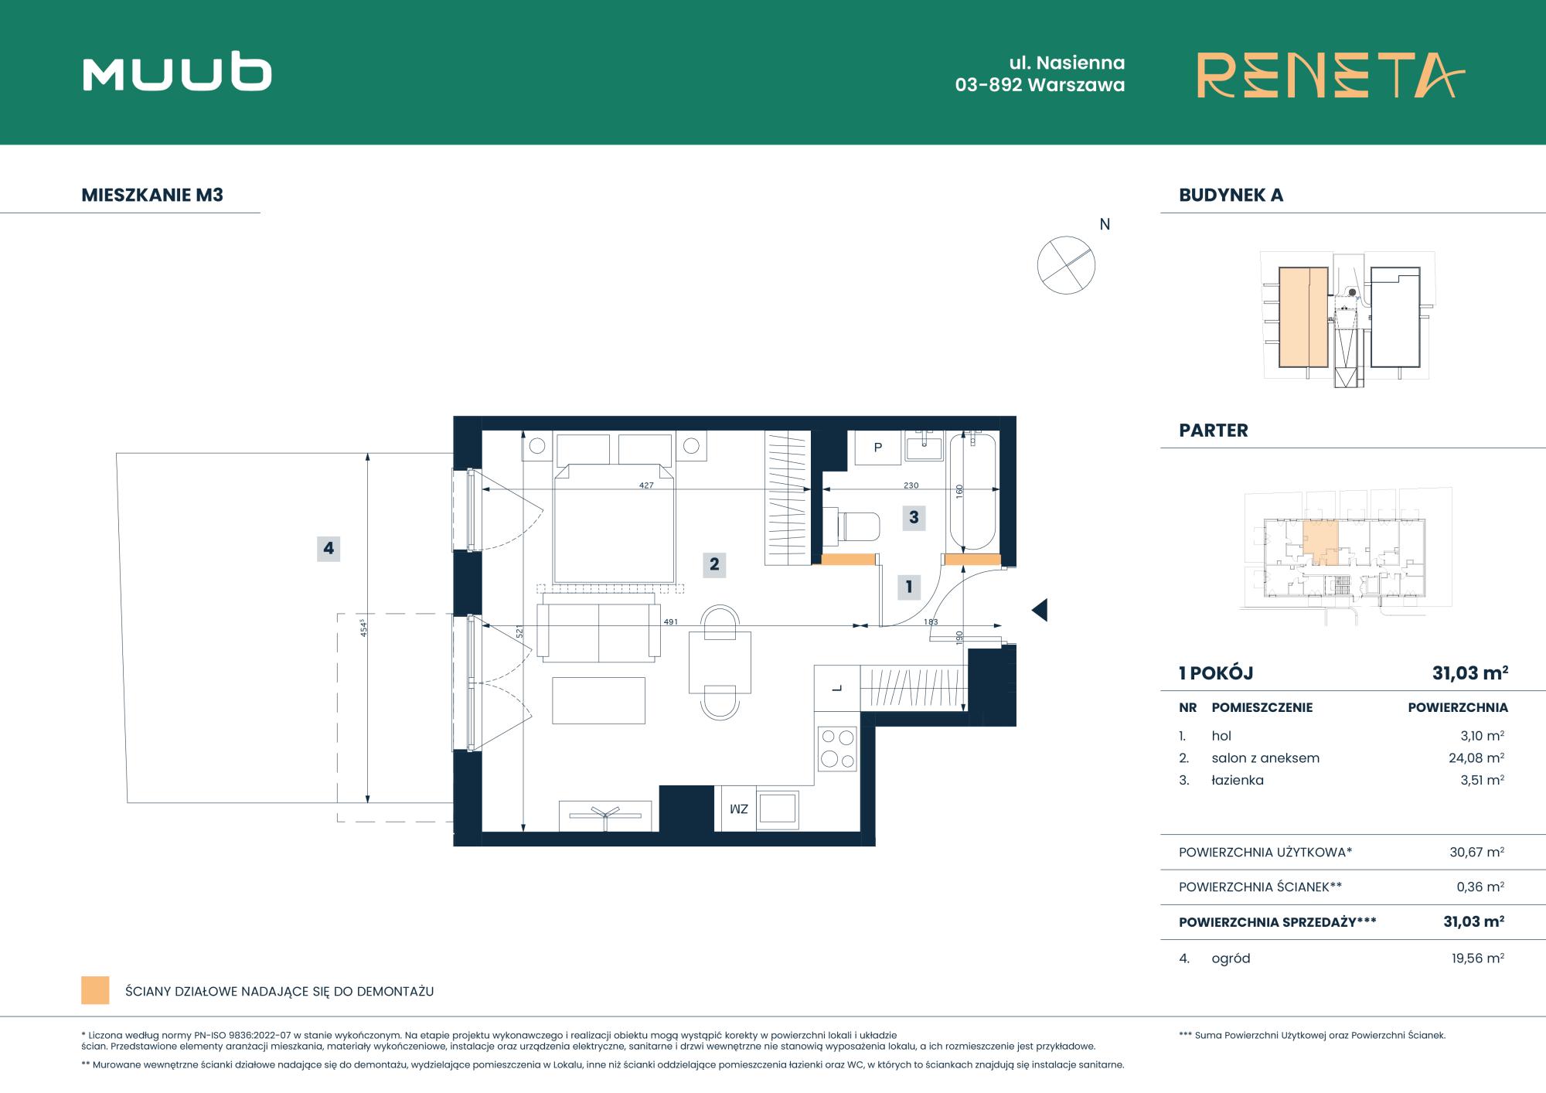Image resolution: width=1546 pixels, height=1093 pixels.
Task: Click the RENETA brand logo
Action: click(1330, 75)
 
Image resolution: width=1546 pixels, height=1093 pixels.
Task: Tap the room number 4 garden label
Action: click(329, 548)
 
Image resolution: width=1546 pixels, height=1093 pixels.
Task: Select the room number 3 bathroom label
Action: click(914, 517)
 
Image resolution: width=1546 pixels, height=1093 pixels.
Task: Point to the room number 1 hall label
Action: click(909, 587)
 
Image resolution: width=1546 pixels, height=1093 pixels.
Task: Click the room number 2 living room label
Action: click(714, 564)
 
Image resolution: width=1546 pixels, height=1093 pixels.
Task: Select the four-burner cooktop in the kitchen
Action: click(838, 748)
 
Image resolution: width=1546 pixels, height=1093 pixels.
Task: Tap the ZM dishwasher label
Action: click(739, 809)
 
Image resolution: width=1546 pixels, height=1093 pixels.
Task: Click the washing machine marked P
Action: click(877, 448)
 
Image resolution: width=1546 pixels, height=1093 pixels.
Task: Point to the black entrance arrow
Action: click(1040, 610)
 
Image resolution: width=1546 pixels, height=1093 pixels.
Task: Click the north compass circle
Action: click(1066, 265)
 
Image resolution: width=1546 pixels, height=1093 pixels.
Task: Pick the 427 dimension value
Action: click(646, 485)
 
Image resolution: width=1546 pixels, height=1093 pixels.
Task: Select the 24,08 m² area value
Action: click(1476, 758)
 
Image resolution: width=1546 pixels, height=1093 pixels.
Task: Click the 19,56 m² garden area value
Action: click(1477, 959)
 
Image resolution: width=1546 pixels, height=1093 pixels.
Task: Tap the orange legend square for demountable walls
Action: click(95, 990)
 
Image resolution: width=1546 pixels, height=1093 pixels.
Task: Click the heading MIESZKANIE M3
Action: click(152, 195)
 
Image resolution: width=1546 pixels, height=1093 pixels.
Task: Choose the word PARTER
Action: click(1213, 431)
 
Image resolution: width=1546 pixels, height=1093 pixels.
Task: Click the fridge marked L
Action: click(837, 688)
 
